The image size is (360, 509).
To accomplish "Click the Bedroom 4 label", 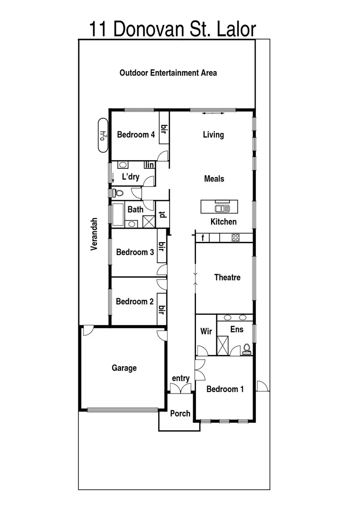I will point(136,135).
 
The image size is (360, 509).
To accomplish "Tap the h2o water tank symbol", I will point(102,135).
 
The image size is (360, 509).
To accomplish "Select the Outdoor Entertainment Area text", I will point(168,73).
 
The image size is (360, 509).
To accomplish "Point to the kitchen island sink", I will point(221,208).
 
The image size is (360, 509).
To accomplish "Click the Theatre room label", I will point(227,278).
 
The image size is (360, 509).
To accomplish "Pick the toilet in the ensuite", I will point(246,349).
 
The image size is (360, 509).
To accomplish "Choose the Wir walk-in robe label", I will point(206,331).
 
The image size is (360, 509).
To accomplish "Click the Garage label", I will point(124,368).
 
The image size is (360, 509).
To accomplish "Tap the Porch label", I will point(180,414).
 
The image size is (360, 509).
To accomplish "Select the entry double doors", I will point(180,388).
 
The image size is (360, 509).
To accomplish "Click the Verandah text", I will point(94,234).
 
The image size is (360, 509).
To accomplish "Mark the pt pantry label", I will point(162,215).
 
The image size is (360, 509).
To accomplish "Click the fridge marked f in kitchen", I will point(203,238).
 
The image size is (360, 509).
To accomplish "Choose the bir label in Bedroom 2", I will point(162,310).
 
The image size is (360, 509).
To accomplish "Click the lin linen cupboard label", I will point(150,165).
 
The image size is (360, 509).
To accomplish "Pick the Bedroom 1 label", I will point(225,389).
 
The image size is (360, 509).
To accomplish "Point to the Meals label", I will point(214,179).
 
